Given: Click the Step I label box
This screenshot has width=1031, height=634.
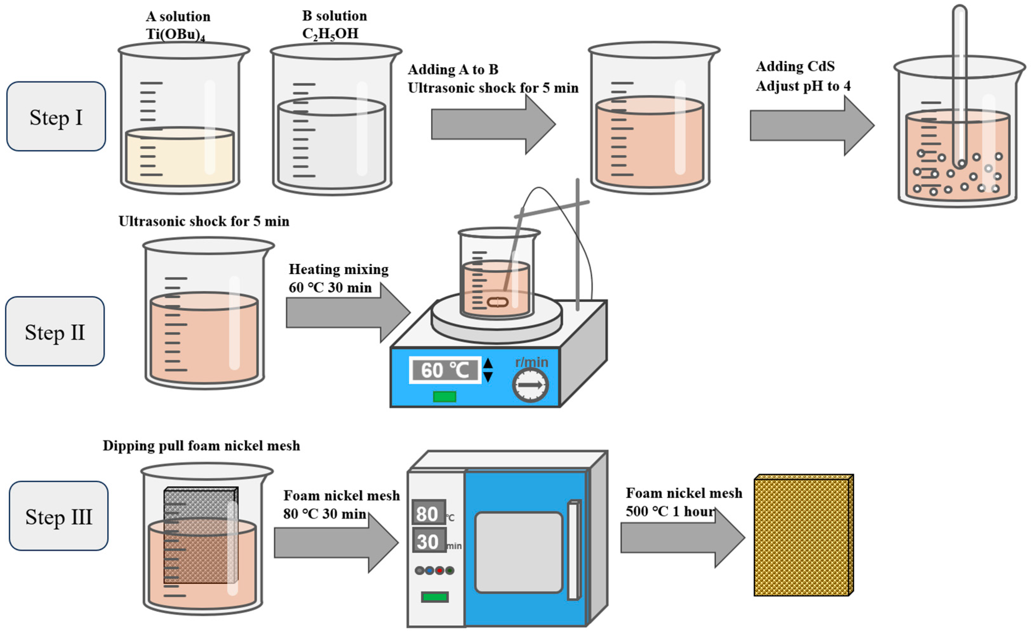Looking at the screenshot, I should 56,117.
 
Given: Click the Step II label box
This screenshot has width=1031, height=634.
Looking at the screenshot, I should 55,332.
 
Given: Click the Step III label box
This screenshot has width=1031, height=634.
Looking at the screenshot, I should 59,516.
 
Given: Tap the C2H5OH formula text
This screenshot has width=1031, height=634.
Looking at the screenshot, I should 330,34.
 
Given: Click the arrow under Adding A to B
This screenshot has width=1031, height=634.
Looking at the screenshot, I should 492,125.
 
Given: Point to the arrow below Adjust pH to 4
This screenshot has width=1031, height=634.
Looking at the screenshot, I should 811,125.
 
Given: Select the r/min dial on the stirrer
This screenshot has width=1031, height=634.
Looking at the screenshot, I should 530,385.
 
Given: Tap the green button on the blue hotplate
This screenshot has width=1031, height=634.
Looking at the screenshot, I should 444,396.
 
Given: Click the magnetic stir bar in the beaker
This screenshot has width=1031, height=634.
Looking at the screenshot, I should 498,302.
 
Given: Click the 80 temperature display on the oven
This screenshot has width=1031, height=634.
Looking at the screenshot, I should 428,512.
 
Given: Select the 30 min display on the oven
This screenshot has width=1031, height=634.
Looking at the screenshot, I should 429,541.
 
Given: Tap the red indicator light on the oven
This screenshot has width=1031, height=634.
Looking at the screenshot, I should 439,570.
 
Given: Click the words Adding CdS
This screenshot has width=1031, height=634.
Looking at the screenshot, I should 795,66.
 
